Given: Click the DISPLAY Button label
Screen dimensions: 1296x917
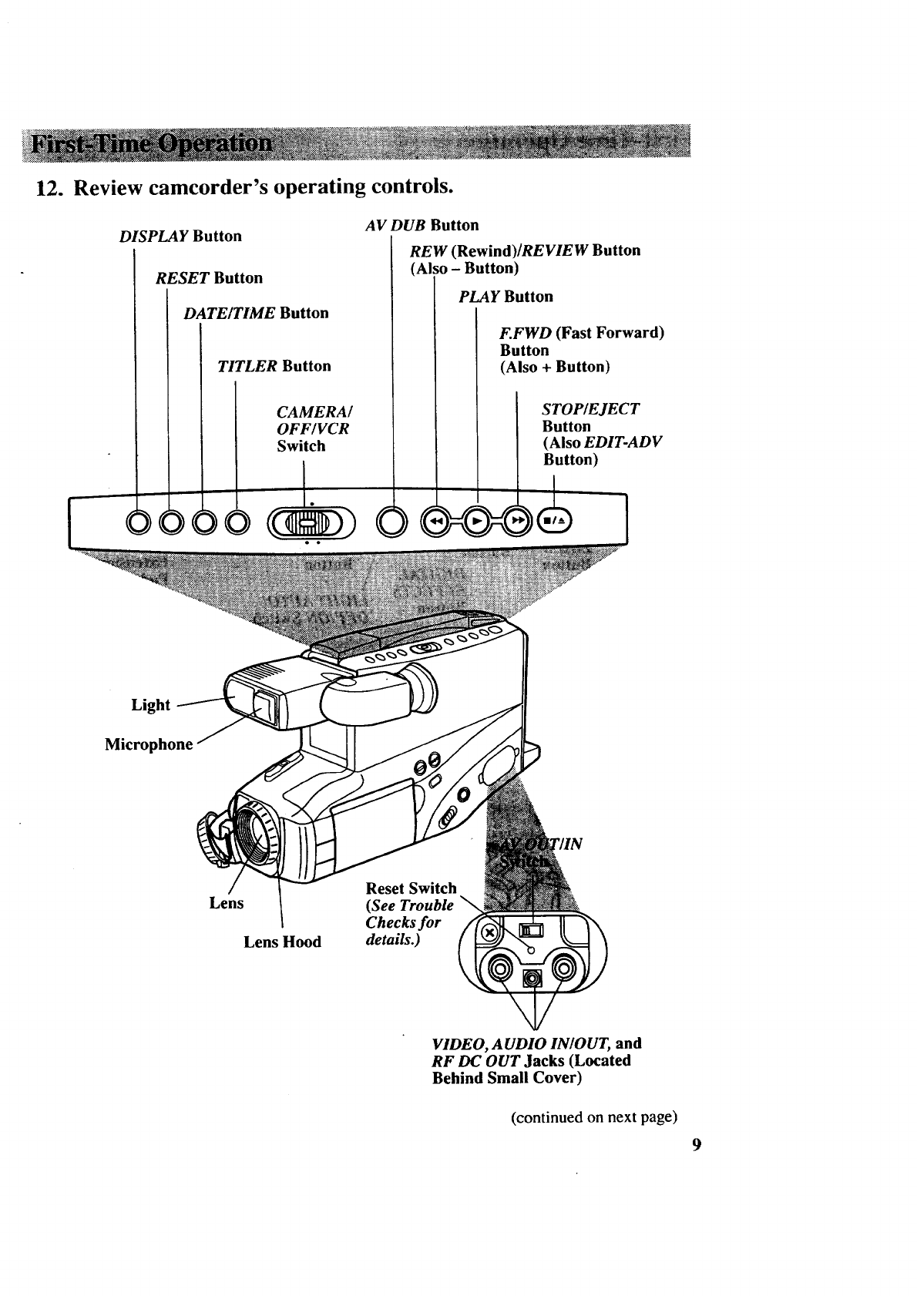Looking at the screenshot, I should (x=180, y=237).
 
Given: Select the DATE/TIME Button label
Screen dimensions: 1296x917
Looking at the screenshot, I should (x=256, y=314).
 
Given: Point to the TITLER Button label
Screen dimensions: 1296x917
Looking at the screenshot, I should (x=274, y=367).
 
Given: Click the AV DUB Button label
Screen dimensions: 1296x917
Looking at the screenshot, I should (x=422, y=225).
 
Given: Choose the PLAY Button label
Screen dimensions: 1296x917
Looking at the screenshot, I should (x=506, y=297).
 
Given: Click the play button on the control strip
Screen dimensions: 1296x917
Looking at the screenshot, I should (x=478, y=522).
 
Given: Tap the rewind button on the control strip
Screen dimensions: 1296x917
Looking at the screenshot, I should (x=435, y=522).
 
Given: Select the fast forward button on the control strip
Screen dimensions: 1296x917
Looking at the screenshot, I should (x=519, y=522).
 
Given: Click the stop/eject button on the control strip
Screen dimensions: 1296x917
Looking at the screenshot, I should (x=553, y=522).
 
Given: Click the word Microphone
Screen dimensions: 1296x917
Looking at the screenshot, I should (x=149, y=744).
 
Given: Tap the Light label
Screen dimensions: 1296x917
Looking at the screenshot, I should (x=150, y=705).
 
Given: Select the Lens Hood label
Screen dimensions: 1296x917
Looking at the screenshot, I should (x=282, y=942).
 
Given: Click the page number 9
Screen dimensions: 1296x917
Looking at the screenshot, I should (x=696, y=1145).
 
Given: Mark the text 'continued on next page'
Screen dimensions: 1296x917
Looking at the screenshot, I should (x=594, y=1117).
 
